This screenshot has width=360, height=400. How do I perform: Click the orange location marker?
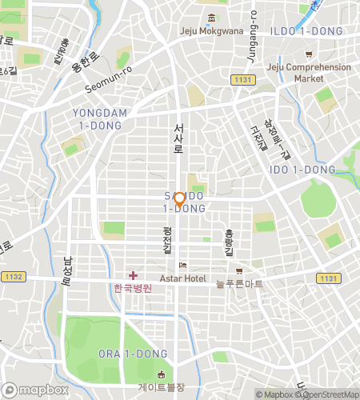pos(180,199)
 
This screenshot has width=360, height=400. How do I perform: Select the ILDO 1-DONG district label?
pos(307,31)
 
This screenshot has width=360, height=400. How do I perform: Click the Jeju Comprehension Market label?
pos(308,73)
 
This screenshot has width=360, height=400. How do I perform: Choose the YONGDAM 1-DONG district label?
pos(100,119)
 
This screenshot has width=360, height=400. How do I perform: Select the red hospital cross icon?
pos(133,275)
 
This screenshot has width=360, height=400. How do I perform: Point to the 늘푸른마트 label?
pos(239,283)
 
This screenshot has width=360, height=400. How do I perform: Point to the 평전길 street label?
pos(166,240)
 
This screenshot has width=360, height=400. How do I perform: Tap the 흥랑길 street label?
pos(229,240)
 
